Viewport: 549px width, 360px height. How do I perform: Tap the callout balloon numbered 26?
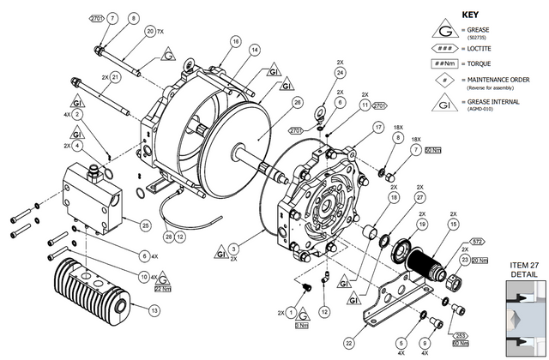[298, 102]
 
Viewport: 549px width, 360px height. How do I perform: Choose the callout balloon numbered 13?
[154, 309]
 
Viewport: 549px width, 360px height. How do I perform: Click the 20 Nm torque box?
[480, 260]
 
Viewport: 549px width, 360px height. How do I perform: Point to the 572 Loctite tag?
[478, 243]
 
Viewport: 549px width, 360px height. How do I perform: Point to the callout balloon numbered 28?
[168, 236]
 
